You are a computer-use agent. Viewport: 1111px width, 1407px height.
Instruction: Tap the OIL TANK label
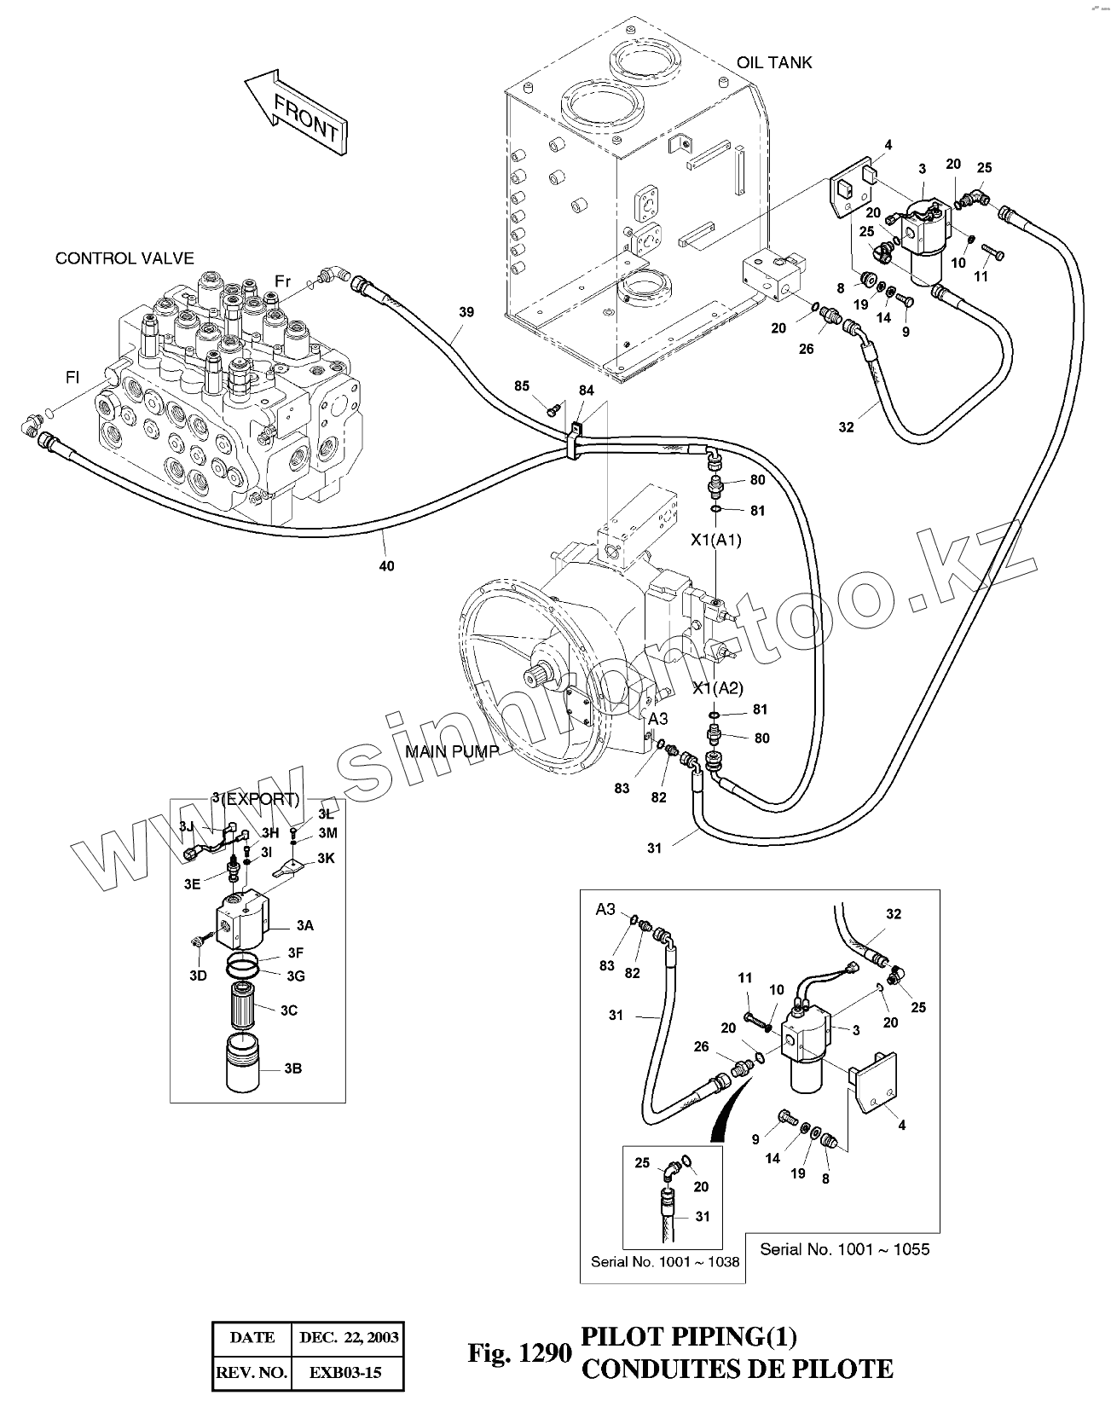774,62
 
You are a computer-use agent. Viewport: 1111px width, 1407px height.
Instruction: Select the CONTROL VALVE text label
124,258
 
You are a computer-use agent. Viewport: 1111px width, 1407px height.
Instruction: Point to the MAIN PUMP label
451,751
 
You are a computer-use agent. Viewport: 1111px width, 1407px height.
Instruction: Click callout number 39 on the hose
466,312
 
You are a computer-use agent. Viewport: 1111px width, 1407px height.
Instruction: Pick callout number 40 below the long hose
386,565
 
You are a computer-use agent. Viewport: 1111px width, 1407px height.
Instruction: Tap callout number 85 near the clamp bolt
522,386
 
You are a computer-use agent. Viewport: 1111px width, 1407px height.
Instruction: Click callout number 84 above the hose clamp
586,391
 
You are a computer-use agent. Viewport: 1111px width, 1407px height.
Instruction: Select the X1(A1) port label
716,539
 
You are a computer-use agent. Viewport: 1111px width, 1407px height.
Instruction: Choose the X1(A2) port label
717,688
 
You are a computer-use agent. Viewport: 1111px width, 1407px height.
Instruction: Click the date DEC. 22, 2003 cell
349,1337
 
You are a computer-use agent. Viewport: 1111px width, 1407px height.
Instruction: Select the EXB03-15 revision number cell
344,1373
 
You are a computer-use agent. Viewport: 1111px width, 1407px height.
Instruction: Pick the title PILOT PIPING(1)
688,1336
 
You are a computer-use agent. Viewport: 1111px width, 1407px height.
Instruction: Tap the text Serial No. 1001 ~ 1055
844,1249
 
